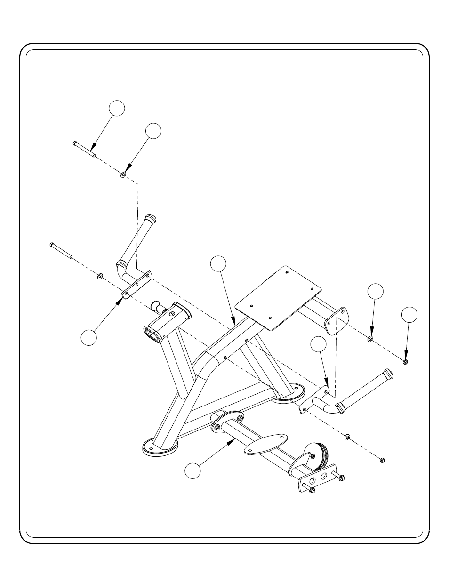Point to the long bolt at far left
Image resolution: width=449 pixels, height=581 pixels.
pyautogui.click(x=61, y=251)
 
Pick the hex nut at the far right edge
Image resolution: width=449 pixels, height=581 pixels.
pyautogui.click(x=406, y=361)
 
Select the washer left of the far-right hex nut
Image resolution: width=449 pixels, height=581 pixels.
pyautogui.click(x=370, y=339)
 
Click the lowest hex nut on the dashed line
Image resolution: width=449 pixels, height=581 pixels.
pyautogui.click(x=382, y=460)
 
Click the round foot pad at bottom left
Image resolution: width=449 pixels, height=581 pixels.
pyautogui.click(x=160, y=447)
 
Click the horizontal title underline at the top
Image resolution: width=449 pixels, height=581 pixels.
pyautogui.click(x=224, y=67)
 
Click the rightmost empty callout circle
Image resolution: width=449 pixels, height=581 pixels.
pyautogui.click(x=409, y=315)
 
